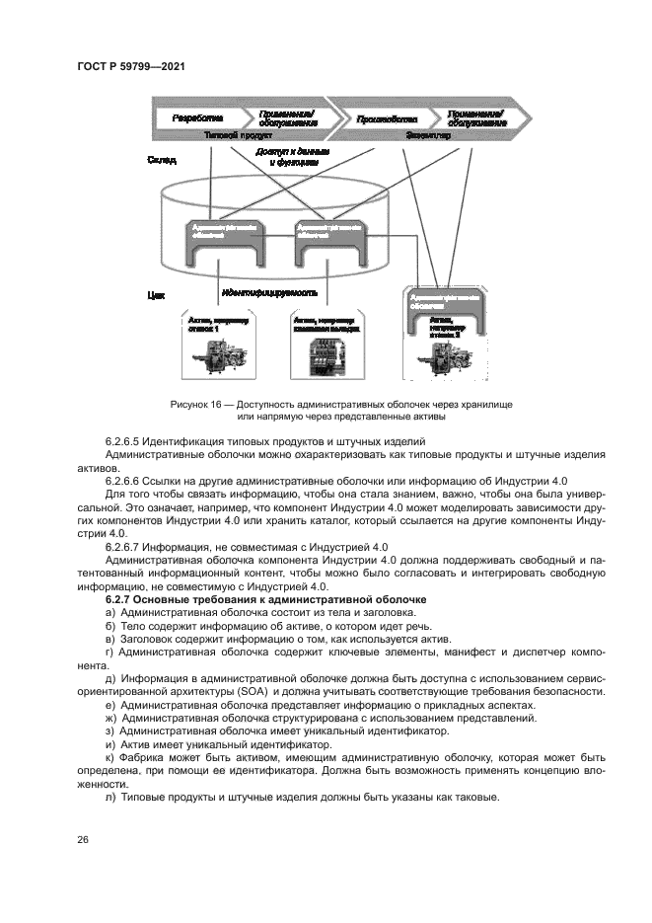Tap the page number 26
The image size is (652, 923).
tap(83, 839)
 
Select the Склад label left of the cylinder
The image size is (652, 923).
tap(161, 159)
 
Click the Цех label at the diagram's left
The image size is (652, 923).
tap(155, 294)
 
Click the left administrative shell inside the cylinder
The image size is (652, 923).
tap(222, 242)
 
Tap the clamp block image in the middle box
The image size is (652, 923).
tap(325, 355)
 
